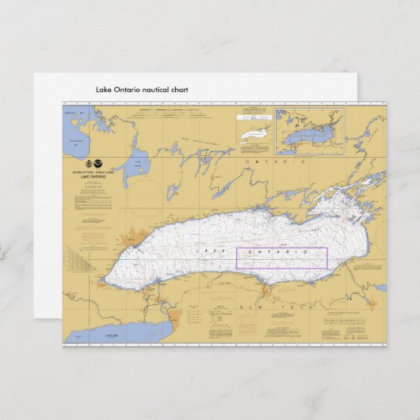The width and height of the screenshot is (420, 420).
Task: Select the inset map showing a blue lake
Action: pyautogui.click(x=309, y=132)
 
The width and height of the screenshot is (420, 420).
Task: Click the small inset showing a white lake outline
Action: pyautogui.click(x=254, y=132)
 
